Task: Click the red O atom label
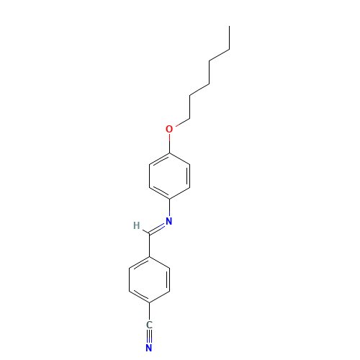pyautogui.click(x=169, y=129)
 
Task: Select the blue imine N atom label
pyautogui.click(x=169, y=221)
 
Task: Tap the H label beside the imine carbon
pyautogui.click(x=137, y=225)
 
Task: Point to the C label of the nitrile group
pyautogui.click(x=149, y=325)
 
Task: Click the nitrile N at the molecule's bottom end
pyautogui.click(x=149, y=348)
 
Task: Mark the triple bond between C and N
pyautogui.click(x=149, y=336)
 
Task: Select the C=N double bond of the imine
pyautogui.click(x=157, y=229)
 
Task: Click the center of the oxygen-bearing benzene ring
pyautogui.click(x=169, y=176)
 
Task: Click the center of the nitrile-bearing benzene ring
pyautogui.click(x=149, y=280)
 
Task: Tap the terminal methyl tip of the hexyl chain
pyautogui.click(x=230, y=26)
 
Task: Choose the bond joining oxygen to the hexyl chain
pyautogui.click(x=182, y=122)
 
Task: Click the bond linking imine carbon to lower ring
pyautogui.click(x=149, y=246)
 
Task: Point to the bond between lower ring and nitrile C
pyautogui.click(x=149, y=312)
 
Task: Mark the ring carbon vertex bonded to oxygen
pyautogui.click(x=169, y=153)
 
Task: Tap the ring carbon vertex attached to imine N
pyautogui.click(x=169, y=199)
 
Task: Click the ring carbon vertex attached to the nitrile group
pyautogui.click(x=149, y=303)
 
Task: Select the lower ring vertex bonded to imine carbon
pyautogui.click(x=149, y=257)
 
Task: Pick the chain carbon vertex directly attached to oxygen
pyautogui.click(x=190, y=118)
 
